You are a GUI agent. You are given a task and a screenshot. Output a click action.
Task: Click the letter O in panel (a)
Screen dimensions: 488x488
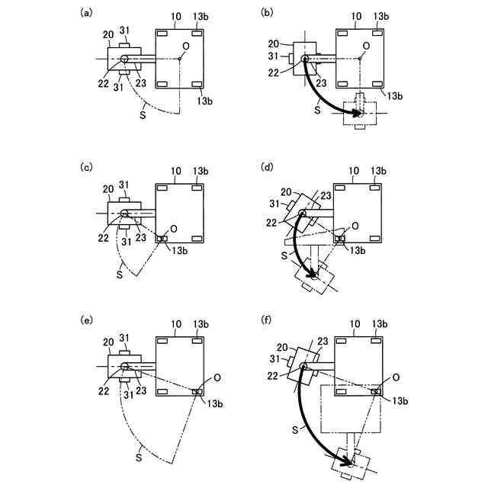185,47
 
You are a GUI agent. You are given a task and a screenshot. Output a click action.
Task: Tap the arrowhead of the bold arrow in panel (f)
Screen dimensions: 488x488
353,460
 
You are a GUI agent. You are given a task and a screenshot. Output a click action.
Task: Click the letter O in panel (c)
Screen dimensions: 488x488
174,228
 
